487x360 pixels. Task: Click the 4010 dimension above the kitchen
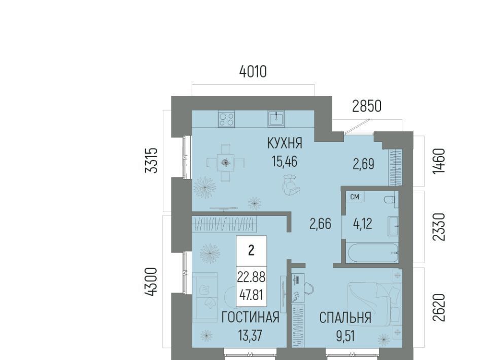253,71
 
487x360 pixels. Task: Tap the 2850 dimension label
366,106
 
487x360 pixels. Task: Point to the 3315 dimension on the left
153,160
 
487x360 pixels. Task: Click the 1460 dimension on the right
439,161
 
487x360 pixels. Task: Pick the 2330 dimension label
439,227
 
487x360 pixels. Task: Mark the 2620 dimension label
439,308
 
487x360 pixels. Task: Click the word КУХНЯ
285,143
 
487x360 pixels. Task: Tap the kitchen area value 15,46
285,161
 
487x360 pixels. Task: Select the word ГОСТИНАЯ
250,317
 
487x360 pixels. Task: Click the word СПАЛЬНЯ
345,318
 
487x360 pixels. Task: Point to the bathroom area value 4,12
363,224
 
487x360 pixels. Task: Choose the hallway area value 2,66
320,224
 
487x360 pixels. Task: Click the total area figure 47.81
251,295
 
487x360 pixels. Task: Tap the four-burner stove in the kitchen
226,119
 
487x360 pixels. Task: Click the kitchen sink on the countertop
276,119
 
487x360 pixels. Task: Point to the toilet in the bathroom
389,199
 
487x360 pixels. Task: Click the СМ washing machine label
355,197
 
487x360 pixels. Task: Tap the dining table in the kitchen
225,162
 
